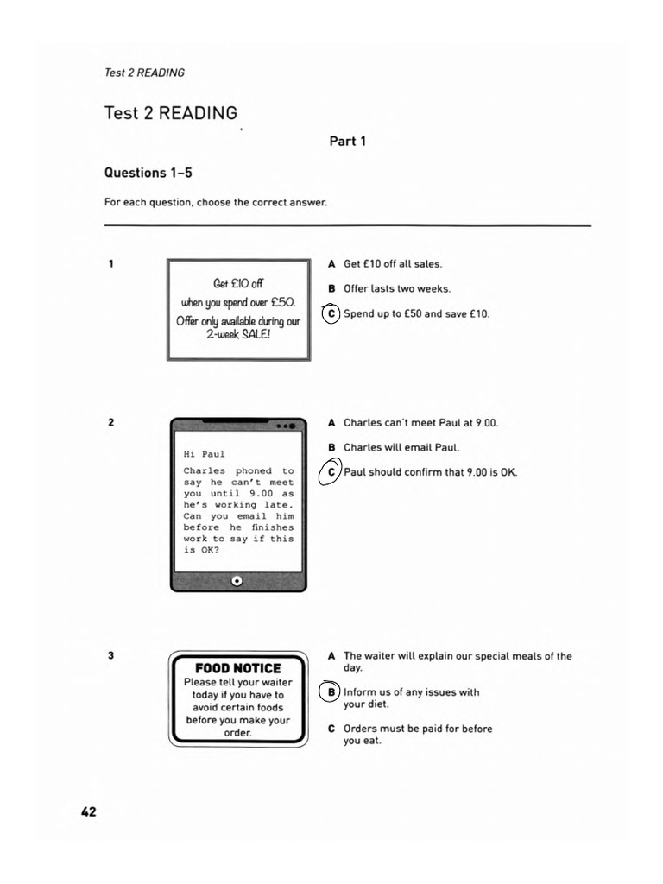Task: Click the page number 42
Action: click(89, 811)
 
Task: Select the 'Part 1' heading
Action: click(347, 141)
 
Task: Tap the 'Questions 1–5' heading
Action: click(148, 173)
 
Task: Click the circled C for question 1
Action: click(331, 313)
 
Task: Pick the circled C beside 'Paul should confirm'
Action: click(331, 472)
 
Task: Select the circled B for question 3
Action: click(331, 692)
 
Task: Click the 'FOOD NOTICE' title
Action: click(237, 668)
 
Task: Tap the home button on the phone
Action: click(237, 581)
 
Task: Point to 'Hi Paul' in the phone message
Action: click(204, 453)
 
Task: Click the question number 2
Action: click(110, 423)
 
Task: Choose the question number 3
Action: click(110, 656)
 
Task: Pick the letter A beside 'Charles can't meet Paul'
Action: click(331, 423)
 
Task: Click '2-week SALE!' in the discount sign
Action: click(238, 334)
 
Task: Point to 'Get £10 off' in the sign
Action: click(238, 284)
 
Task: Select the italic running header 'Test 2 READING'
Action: click(144, 73)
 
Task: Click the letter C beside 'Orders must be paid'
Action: click(331, 729)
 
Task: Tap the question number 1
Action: click(110, 264)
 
